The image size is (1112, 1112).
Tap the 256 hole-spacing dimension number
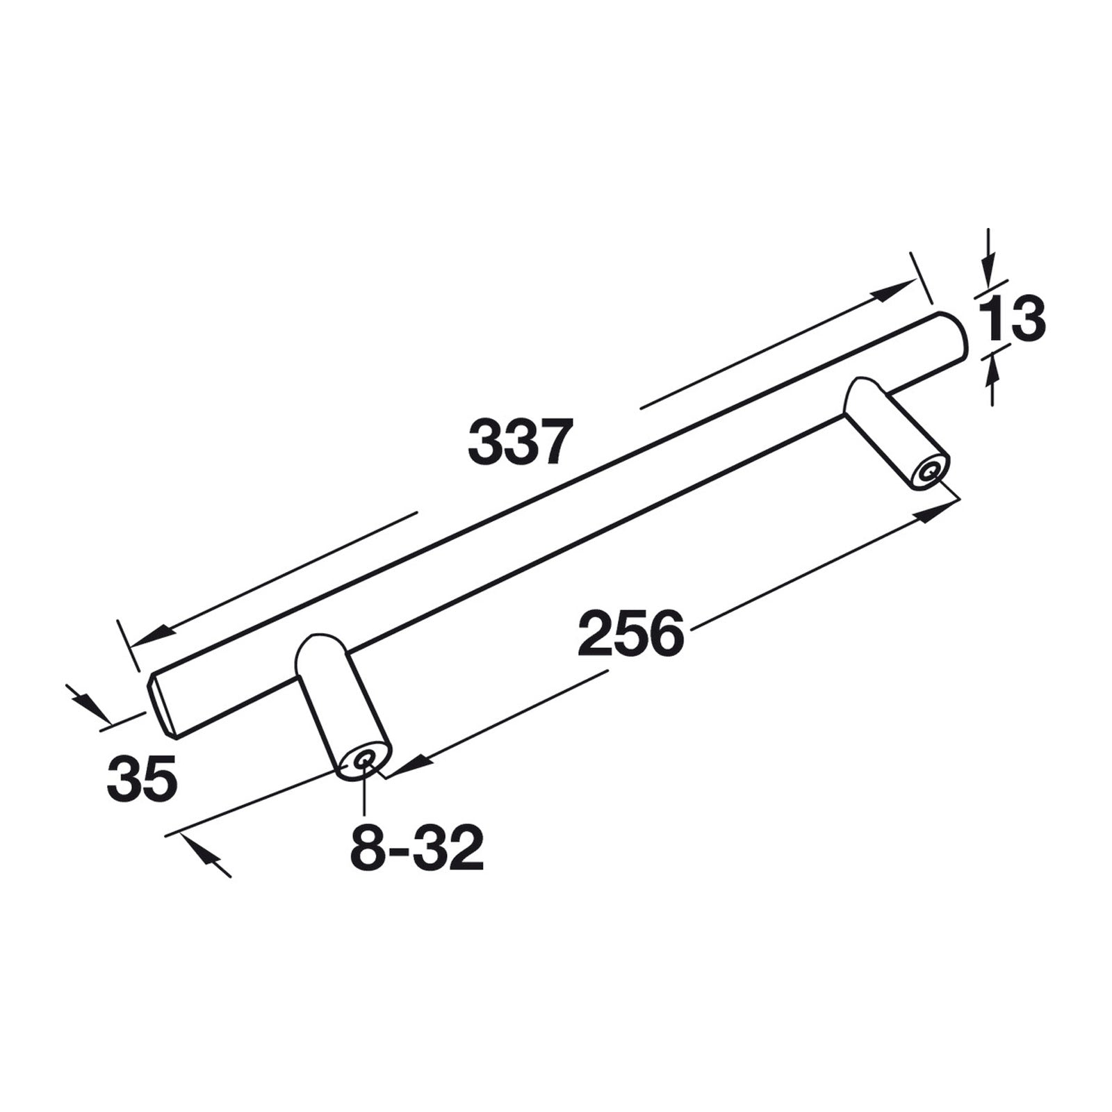(x=631, y=633)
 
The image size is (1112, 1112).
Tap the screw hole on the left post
(x=363, y=762)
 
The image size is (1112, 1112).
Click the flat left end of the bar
(x=164, y=703)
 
